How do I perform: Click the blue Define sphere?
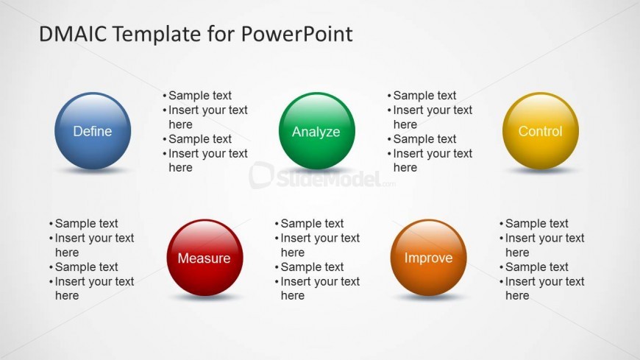pos(93,131)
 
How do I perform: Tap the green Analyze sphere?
pos(317,131)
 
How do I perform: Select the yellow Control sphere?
pos(541,131)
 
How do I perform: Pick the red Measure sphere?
pos(205,258)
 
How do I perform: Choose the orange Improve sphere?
pos(429,258)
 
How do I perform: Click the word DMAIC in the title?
pos(73,34)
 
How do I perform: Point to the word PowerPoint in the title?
pos(296,34)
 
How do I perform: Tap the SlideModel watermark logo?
pos(322,176)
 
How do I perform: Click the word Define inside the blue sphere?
pos(92,131)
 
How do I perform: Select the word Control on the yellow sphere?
pos(541,131)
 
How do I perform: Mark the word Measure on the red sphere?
pos(204,258)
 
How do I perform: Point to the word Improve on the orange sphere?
pos(429,258)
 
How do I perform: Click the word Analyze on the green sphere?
pos(316,132)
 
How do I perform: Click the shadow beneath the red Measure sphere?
pos(205,297)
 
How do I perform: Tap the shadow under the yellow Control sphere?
pos(541,170)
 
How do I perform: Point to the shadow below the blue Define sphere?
pos(93,170)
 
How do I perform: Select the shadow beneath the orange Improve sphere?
pos(429,297)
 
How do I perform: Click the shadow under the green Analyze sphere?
pos(317,170)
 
